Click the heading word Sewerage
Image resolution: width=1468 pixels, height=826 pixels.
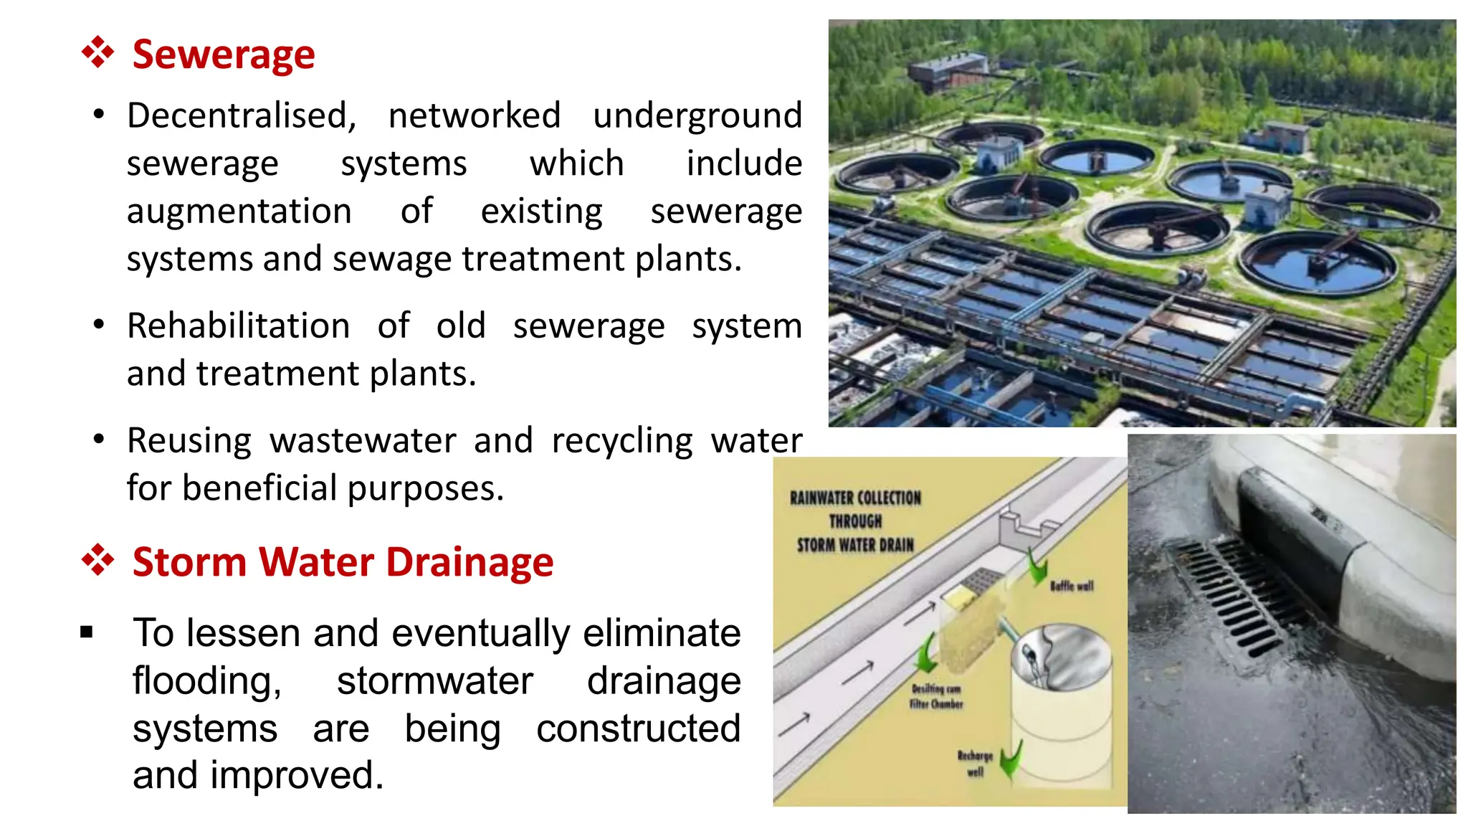pos(224,54)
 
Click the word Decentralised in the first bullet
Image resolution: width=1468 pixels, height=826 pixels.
pos(241,115)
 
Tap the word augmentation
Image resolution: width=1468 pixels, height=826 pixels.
pos(239,212)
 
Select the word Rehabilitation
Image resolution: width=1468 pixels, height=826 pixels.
pos(239,326)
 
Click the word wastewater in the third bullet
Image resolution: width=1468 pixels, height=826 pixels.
pos(363,441)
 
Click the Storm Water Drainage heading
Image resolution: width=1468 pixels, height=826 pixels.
pos(343,561)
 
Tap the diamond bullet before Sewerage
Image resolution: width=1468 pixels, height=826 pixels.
pos(98,53)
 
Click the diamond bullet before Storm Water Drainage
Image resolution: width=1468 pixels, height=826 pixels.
pos(98,560)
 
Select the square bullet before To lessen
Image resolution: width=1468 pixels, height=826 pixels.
pos(87,632)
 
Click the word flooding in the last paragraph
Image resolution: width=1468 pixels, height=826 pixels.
pos(207,680)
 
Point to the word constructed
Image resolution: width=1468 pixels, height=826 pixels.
pos(638,728)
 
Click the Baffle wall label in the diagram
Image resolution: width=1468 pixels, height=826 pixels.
pos(1072,587)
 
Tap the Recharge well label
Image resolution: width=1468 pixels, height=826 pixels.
pos(975,764)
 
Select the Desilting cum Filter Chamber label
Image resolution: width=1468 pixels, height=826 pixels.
pos(936,696)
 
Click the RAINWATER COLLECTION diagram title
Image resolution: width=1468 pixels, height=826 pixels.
pos(855,521)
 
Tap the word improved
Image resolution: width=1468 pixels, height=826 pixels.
pos(297,776)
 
